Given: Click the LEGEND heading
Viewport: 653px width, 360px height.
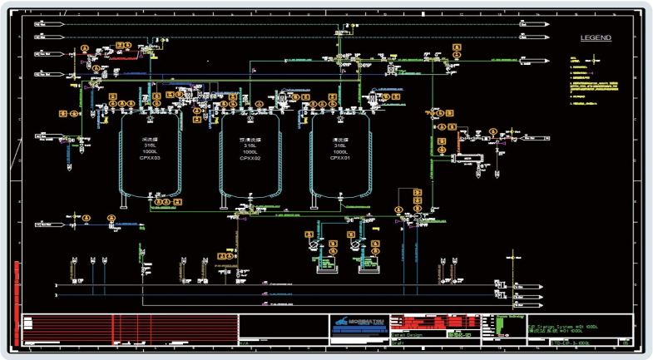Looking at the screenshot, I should click(x=595, y=38).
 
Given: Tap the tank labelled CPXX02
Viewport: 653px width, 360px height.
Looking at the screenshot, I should click(x=250, y=158).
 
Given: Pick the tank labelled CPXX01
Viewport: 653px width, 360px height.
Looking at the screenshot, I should click(x=340, y=158).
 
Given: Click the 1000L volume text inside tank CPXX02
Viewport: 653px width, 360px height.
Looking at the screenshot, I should click(x=250, y=152).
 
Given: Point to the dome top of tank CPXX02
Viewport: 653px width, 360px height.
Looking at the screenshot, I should click(x=250, y=116).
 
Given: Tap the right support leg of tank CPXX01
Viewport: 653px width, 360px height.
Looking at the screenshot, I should click(x=368, y=202).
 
